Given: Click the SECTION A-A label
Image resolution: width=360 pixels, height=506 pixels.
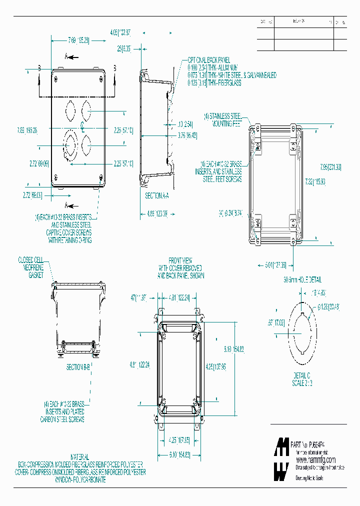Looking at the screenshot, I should coord(157,196).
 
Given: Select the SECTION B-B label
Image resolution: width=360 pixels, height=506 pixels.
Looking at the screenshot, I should coord(78,366).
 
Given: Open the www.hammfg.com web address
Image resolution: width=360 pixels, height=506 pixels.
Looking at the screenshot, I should coord(315,459).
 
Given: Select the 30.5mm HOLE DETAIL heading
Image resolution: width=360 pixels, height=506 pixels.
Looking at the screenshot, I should coord(302,279).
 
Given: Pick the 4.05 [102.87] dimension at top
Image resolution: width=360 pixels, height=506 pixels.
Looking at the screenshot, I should coord(120,32).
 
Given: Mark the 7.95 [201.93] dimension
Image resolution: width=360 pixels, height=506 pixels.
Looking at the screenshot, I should coord(330,166).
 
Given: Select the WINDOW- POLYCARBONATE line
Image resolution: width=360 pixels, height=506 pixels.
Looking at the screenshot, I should coord(80,479).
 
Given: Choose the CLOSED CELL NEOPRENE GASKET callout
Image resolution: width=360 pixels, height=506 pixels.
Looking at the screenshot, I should coord(31,267).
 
